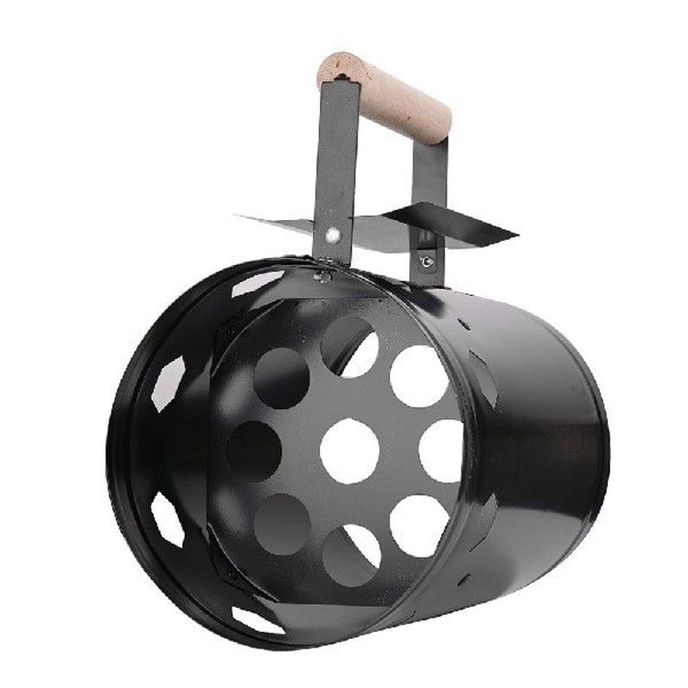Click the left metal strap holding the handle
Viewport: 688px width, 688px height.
tap(335, 163)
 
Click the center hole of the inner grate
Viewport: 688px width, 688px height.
tap(350, 450)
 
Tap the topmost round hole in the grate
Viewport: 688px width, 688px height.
tap(349, 347)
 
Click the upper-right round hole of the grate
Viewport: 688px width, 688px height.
tap(419, 376)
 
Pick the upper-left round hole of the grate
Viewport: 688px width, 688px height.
tap(281, 377)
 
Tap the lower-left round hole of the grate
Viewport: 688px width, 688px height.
tap(281, 524)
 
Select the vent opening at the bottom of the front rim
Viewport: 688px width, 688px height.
tap(258, 618)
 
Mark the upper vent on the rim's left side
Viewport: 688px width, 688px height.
tap(168, 383)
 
